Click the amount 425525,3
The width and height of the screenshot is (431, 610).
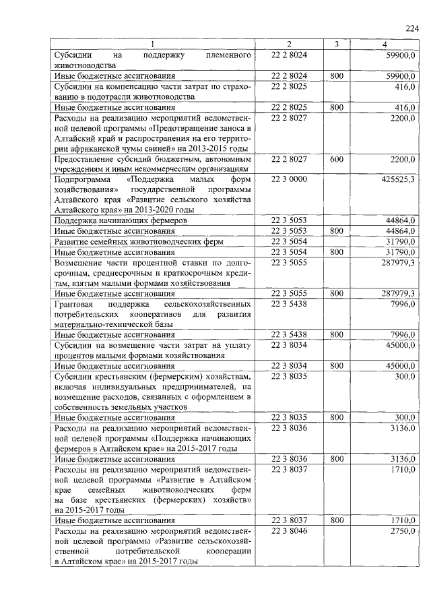(397, 179)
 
